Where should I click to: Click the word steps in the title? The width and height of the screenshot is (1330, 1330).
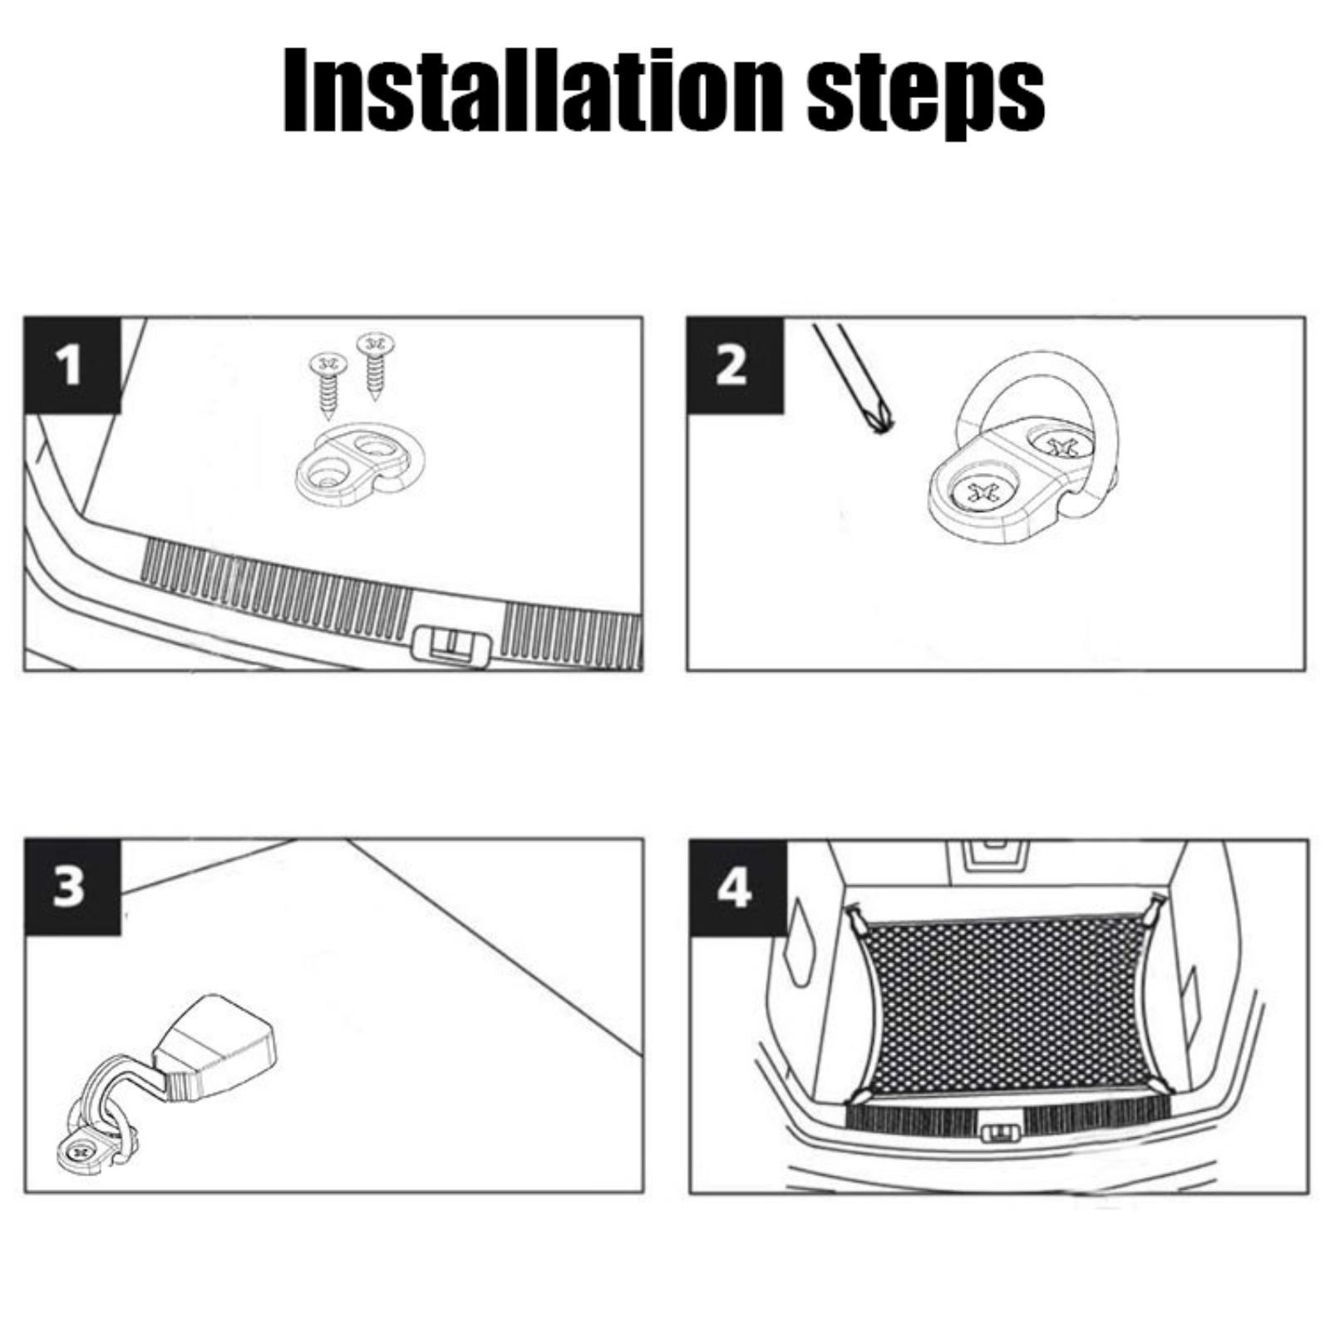pyautogui.click(x=926, y=96)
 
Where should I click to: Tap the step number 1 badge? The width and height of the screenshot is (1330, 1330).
pyautogui.click(x=71, y=365)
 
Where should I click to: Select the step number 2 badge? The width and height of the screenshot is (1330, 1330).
pyautogui.click(x=735, y=365)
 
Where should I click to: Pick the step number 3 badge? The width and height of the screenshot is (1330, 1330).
pyautogui.click(x=71, y=887)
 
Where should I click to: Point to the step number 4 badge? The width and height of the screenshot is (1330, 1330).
pyautogui.click(x=737, y=888)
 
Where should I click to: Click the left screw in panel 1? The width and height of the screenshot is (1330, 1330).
pyautogui.click(x=329, y=383)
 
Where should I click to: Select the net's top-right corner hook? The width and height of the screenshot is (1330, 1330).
pyautogui.click(x=1155, y=906)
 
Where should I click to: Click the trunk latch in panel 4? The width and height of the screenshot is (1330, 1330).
pyautogui.click(x=1002, y=1133)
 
